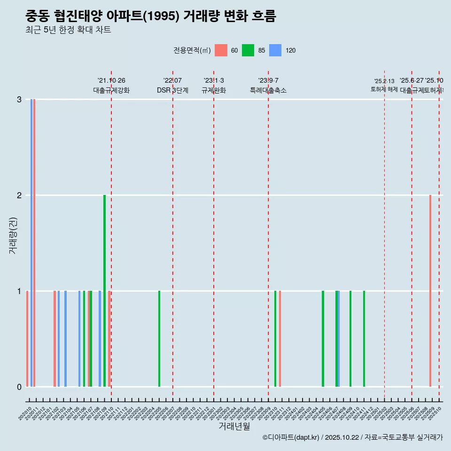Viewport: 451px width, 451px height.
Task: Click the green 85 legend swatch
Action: (x=248, y=50)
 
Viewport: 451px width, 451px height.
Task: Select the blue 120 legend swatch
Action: (x=275, y=50)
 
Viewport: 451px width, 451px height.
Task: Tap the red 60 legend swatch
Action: (x=221, y=50)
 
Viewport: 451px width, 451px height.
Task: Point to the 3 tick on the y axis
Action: (x=19, y=100)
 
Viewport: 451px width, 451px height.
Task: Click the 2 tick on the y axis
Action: (x=19, y=195)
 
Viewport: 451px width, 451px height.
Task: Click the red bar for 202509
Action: (x=430, y=291)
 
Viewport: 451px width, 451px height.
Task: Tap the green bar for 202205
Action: (x=159, y=339)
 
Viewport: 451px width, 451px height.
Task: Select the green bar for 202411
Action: (x=364, y=339)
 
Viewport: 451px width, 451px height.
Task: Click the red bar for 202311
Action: (x=280, y=339)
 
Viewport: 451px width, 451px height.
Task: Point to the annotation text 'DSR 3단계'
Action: (x=172, y=90)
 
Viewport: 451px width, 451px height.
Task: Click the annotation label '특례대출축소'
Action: (x=268, y=90)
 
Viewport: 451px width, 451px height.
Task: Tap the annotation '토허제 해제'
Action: (x=384, y=89)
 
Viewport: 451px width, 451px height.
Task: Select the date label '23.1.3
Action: (x=214, y=81)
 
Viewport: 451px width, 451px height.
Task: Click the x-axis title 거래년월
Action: (x=234, y=426)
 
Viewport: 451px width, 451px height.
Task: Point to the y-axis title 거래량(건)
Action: (x=13, y=235)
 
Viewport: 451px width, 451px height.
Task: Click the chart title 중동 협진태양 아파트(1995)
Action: (x=150, y=16)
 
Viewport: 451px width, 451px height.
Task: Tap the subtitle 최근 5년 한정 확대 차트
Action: (x=68, y=30)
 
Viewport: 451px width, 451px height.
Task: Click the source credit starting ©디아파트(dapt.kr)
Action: (x=352, y=437)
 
